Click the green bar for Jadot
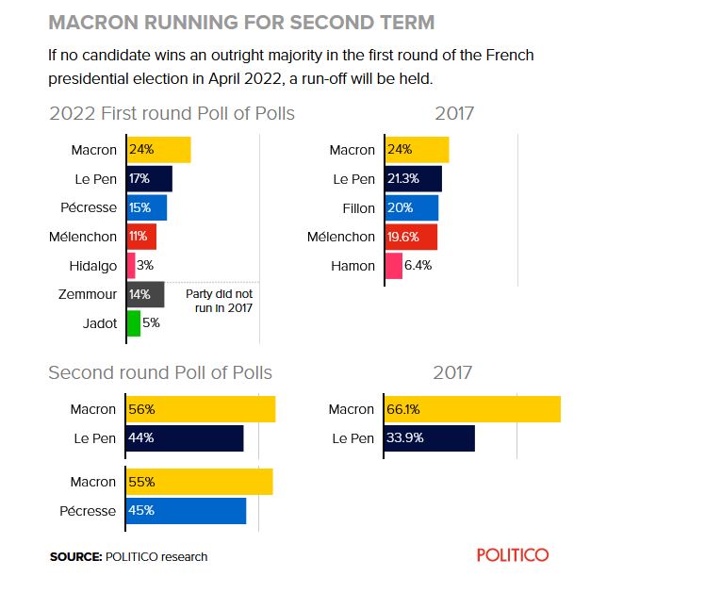pos(133,323)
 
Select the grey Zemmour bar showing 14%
pos(145,294)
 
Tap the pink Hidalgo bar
pos(130,266)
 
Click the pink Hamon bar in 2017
pos(393,266)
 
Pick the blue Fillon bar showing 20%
pos(411,208)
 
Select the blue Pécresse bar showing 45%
pos(186,511)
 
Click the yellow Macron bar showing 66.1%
pos(472,409)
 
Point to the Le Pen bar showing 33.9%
pos(429,438)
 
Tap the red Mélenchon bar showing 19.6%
pos(410,237)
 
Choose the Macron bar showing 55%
pos(199,482)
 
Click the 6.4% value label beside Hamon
pos(418,266)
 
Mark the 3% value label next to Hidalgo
pos(145,266)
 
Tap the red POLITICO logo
pos(512,555)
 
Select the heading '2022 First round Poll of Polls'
pos(172,114)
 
